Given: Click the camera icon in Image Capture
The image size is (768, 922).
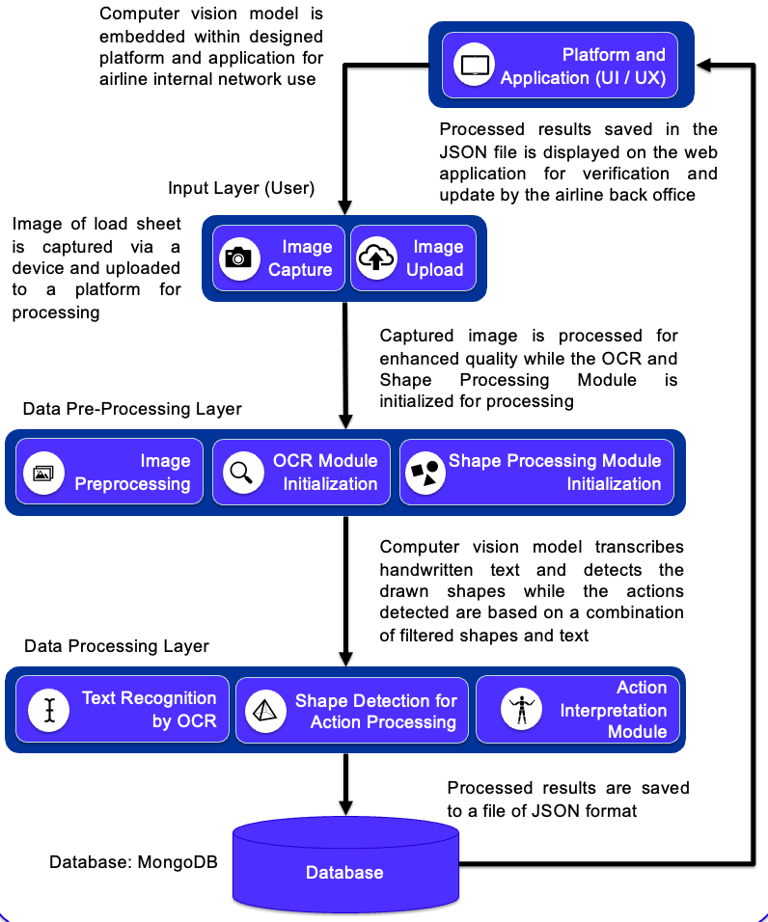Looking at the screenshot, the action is click(238, 258).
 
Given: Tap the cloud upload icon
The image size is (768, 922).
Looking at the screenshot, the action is click(376, 258).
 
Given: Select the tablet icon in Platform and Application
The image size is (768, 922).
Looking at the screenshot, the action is click(475, 64).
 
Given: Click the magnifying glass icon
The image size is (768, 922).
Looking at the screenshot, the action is click(242, 473).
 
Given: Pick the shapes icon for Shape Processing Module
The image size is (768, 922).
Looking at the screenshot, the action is click(425, 473).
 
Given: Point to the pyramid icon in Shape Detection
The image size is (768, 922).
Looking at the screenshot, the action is click(265, 711).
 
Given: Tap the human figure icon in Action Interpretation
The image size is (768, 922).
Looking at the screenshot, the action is click(521, 709).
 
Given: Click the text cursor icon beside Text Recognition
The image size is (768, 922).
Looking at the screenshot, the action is click(49, 711).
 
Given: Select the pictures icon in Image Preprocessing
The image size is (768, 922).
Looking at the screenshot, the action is click(43, 473).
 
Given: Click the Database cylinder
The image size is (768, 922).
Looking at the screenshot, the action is click(345, 864).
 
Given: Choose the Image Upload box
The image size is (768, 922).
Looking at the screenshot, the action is click(413, 258).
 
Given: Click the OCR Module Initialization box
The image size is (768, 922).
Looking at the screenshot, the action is click(301, 473).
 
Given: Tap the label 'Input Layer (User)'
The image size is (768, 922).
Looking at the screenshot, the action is click(241, 188).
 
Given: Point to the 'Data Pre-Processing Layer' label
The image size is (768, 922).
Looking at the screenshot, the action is click(132, 409).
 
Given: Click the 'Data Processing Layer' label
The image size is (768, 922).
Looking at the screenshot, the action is click(117, 645).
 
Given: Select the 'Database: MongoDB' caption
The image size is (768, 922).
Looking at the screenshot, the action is click(133, 862).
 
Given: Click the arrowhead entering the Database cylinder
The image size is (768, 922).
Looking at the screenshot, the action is click(345, 806).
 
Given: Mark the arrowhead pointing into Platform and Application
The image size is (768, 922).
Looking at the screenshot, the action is click(704, 65).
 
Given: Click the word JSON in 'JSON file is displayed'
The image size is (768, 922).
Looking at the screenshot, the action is click(458, 152).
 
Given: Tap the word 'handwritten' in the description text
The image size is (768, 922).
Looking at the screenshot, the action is click(425, 570).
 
